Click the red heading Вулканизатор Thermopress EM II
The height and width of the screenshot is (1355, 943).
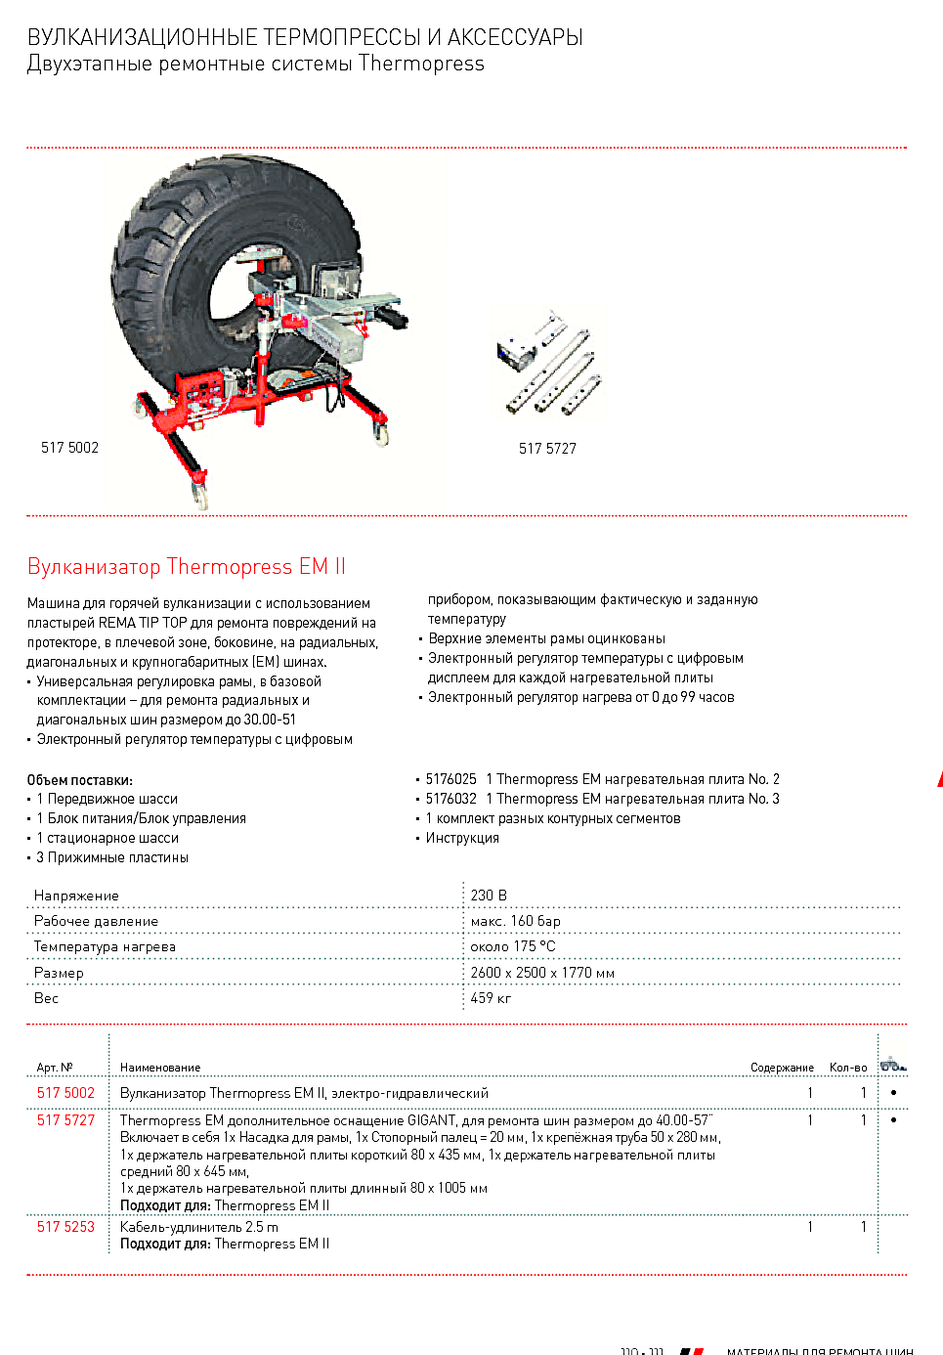187,567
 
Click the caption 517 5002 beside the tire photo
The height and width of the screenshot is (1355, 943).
69,448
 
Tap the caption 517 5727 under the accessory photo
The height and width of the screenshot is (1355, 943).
547,449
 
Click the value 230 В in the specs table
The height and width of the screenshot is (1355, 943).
489,896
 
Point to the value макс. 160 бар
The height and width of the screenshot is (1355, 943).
515,921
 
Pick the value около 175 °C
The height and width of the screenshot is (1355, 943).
512,946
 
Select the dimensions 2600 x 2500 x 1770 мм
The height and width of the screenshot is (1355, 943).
542,973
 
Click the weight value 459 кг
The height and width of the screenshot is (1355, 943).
491,998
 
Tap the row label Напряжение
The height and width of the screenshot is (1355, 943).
76,896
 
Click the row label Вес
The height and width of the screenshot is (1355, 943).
46,998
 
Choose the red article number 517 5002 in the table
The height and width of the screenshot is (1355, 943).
65,1093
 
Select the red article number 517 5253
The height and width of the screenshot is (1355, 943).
65,1227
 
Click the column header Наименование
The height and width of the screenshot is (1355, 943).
160,1068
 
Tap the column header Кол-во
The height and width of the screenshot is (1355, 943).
847,1068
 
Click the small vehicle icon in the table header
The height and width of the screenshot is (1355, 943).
892,1065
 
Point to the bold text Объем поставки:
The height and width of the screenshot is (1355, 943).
79,780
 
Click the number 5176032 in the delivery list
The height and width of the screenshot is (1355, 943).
450,799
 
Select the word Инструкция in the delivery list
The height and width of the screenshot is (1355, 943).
462,838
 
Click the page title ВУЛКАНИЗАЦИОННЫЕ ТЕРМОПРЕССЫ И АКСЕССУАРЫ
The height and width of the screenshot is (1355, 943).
305,37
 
